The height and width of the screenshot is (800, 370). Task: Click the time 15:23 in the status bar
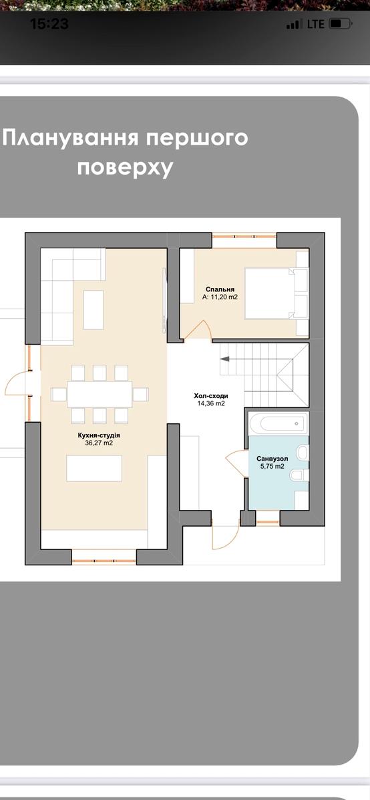(49, 24)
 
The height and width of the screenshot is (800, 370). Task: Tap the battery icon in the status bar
(339, 24)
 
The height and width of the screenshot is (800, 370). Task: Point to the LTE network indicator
(316, 24)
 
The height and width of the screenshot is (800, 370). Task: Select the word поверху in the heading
(125, 167)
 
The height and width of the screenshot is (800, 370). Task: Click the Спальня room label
(220, 290)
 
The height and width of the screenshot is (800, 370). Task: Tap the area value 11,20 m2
(220, 298)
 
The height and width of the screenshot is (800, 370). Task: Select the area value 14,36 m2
(210, 403)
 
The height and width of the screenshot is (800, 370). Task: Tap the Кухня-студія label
(98, 435)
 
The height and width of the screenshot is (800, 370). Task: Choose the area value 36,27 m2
(98, 443)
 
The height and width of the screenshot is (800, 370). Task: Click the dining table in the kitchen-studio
(99, 394)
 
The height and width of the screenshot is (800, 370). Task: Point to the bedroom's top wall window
(244, 235)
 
